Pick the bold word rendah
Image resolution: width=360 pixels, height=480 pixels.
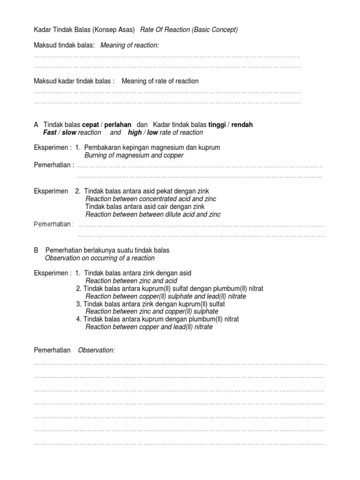pos(242,125)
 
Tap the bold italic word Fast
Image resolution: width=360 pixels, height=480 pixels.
pos(50,133)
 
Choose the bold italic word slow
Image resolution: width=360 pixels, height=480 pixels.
pos(69,133)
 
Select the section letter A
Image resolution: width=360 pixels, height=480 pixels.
pos(36,125)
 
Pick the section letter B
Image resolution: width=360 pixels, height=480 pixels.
pos(36,250)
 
